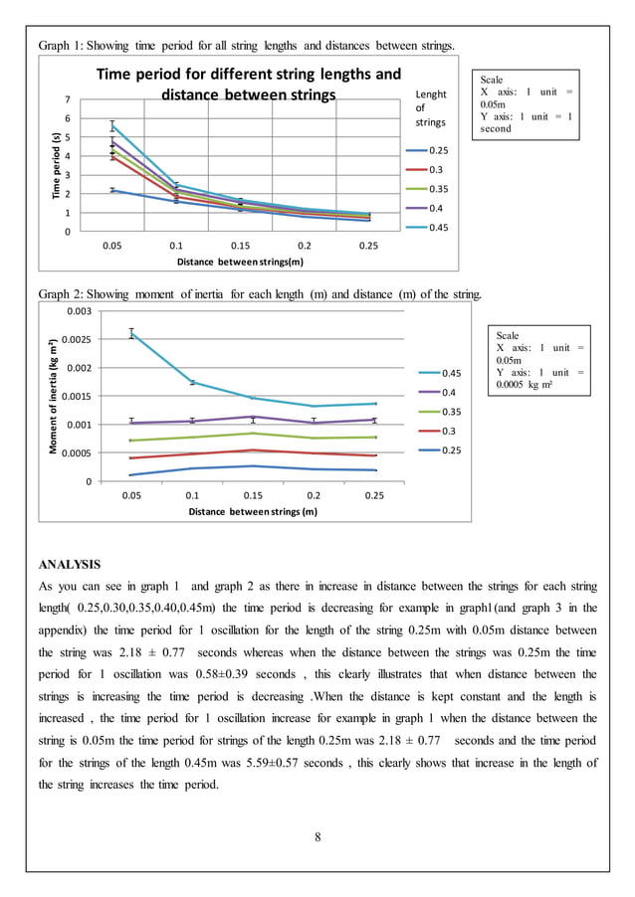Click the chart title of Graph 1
coord(248,84)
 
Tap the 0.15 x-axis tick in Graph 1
coord(240,245)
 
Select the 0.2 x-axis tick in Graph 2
coord(314,494)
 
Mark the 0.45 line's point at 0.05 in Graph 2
coord(130,333)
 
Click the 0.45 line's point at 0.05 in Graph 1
coord(112,126)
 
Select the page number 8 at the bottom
coord(317,836)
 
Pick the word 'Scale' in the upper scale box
coord(492,80)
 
